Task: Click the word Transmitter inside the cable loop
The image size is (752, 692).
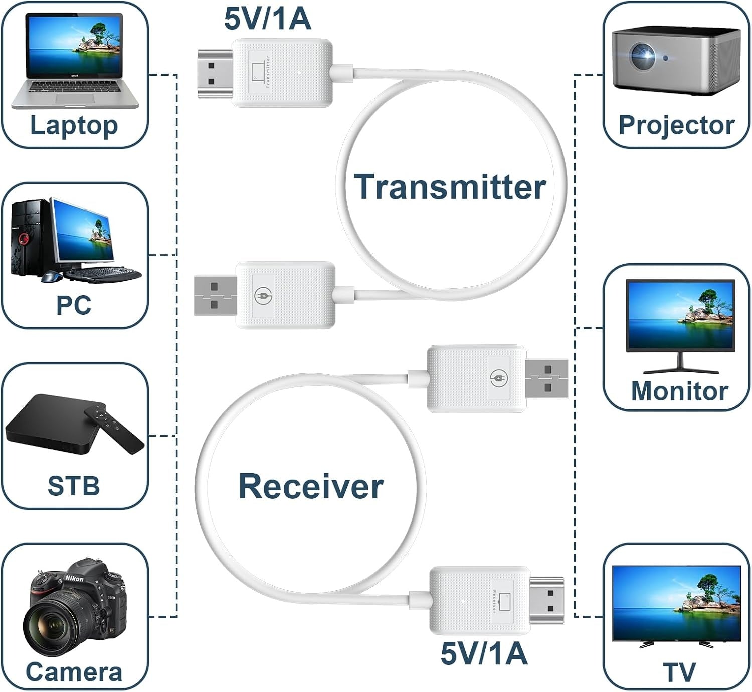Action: coord(450,187)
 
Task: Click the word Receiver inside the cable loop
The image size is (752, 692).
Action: coord(311,486)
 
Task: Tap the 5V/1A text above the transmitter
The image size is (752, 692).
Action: coord(267,19)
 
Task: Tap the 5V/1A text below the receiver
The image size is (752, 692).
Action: coord(484,654)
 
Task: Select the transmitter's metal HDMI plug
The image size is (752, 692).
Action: coord(215,74)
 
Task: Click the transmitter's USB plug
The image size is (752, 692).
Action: coord(215,296)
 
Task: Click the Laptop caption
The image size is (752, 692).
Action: coord(74,125)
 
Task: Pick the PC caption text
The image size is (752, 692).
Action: coord(74,305)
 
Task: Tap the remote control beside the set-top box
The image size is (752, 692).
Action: coord(114,429)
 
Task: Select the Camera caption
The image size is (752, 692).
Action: coord(74,672)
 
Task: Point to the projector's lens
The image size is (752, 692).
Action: coord(643,54)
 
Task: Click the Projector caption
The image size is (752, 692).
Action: coord(676,125)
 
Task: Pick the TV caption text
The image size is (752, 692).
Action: coord(679,672)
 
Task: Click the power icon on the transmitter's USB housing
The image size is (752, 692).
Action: coord(262,296)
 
